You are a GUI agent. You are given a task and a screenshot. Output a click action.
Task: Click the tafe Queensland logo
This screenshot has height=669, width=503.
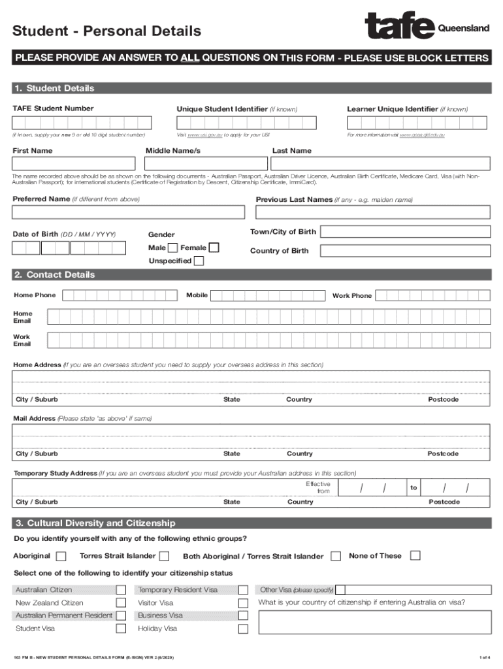pos(427,27)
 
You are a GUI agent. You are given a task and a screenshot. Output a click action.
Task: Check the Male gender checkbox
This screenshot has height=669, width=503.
pos(172,248)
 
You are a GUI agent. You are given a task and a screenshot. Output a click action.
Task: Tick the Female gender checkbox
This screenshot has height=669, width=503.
pos(213,248)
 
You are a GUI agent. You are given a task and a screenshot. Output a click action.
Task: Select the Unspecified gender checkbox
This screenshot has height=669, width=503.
pos(199,261)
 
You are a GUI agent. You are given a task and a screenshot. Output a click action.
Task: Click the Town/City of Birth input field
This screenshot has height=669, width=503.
pos(405,231)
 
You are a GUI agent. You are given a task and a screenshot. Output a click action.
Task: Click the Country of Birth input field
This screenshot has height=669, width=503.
pos(405,251)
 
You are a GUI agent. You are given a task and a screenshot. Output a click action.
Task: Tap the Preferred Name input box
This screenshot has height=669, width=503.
pos(128,212)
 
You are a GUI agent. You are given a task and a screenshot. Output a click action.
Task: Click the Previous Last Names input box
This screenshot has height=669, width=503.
pos(372,212)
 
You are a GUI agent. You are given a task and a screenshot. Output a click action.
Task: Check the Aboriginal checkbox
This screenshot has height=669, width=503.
pos(61,557)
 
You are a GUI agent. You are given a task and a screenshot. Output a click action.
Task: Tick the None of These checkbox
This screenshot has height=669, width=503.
pos(415,556)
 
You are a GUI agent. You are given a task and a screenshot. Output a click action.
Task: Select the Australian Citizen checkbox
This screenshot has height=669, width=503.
pos(121,590)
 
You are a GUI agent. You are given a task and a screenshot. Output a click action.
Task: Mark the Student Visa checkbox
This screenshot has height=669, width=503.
pos(121,628)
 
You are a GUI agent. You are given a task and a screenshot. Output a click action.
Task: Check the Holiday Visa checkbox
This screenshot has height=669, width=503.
pos(243,629)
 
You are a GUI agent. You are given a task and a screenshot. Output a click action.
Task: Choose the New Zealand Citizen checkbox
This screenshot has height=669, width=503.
pos(121,603)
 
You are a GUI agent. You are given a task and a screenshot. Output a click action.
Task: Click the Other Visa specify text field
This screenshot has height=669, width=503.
pos(412,589)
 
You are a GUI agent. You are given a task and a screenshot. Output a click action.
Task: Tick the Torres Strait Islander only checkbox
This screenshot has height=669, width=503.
pos(165,557)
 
